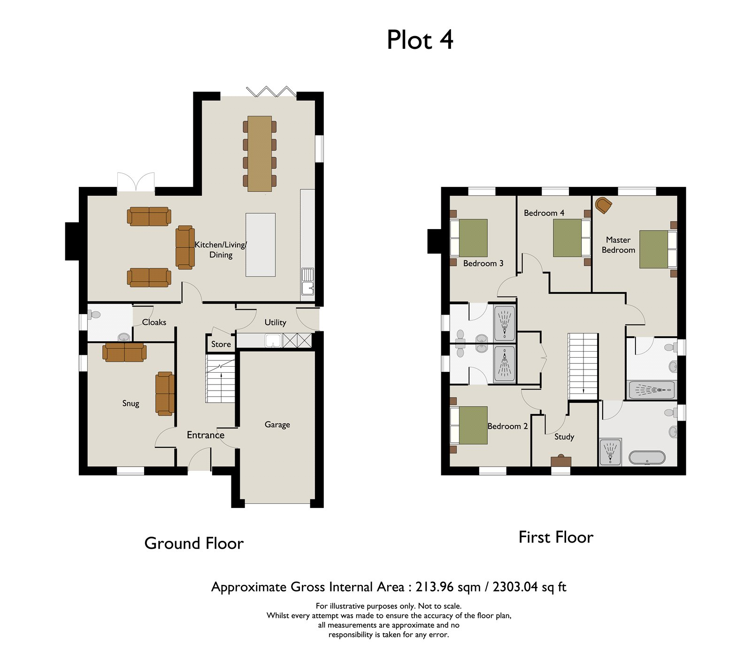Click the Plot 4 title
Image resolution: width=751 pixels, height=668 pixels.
(420, 40)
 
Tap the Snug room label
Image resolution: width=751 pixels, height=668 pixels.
(130, 403)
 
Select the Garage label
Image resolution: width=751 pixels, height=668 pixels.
(277, 425)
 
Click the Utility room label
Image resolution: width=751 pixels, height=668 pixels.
(275, 322)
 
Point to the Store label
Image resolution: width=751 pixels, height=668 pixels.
(221, 344)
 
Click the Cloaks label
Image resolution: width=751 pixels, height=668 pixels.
(154, 322)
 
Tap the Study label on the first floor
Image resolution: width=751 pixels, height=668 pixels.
(564, 437)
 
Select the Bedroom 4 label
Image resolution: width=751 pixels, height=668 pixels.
(544, 213)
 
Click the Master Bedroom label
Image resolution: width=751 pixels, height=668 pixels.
(619, 245)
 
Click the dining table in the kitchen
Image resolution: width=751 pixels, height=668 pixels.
(260, 154)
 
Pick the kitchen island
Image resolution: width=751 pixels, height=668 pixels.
(261, 245)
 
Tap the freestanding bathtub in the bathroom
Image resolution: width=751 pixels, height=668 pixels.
(647, 458)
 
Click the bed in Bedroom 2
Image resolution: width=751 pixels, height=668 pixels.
(469, 425)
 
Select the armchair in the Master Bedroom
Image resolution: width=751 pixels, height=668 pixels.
(604, 205)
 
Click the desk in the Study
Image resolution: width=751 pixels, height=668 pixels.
(561, 461)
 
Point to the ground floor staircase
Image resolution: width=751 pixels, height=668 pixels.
(220, 379)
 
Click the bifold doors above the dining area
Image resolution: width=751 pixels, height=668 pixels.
(272, 91)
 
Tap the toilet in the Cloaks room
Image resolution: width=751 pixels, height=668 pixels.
(94, 315)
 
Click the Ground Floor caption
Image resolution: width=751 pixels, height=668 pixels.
(194, 544)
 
